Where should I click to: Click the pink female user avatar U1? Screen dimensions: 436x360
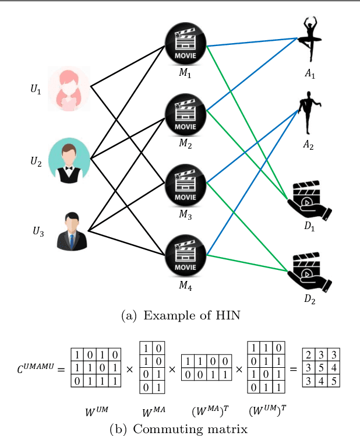[x=69, y=88]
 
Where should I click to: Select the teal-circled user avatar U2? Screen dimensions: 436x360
[x=69, y=160]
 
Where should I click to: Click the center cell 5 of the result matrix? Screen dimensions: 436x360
[x=321, y=368]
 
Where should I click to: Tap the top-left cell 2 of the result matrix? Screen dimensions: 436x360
[x=309, y=356]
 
